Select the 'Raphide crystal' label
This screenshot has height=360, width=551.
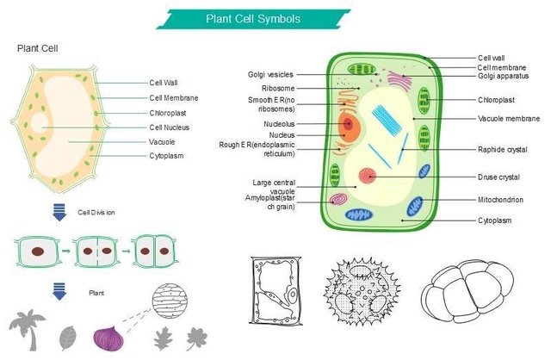pyautogui.click(x=503, y=149)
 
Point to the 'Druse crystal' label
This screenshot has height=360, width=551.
pyautogui.click(x=498, y=177)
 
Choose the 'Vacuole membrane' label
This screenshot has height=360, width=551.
pyautogui.click(x=508, y=118)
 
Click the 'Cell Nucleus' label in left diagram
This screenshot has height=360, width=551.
pyautogui.click(x=170, y=127)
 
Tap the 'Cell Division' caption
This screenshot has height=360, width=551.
pyautogui.click(x=96, y=212)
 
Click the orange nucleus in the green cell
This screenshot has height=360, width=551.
pyautogui.click(x=348, y=126)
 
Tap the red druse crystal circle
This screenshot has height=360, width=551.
pyautogui.click(x=368, y=176)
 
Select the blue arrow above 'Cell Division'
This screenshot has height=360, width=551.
pyautogui.click(x=59, y=212)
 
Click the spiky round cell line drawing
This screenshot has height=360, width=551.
pyautogui.click(x=362, y=290)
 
